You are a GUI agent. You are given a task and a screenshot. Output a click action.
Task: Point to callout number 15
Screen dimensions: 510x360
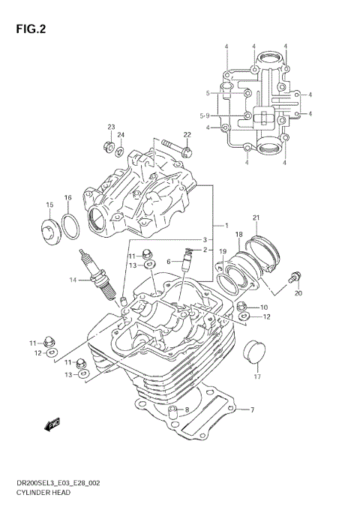click(49, 205)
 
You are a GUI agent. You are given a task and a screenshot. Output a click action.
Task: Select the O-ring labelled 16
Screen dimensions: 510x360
click(70, 225)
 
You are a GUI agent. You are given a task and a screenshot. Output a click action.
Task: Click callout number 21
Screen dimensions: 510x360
click(256, 218)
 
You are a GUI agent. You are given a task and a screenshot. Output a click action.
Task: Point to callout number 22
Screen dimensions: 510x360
click(187, 135)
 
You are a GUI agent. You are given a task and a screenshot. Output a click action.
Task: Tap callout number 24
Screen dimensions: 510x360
click(121, 135)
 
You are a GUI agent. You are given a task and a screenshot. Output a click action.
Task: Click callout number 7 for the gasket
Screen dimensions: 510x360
click(253, 409)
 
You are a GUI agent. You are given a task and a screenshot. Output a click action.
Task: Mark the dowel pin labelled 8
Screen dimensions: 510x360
click(173, 411)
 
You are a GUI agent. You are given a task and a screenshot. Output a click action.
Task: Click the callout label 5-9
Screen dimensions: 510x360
click(205, 115)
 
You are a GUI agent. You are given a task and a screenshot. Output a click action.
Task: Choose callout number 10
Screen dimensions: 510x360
click(264, 307)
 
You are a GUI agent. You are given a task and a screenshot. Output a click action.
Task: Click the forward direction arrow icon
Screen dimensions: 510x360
click(52, 425)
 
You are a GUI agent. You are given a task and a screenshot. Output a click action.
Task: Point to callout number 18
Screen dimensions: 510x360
click(239, 235)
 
